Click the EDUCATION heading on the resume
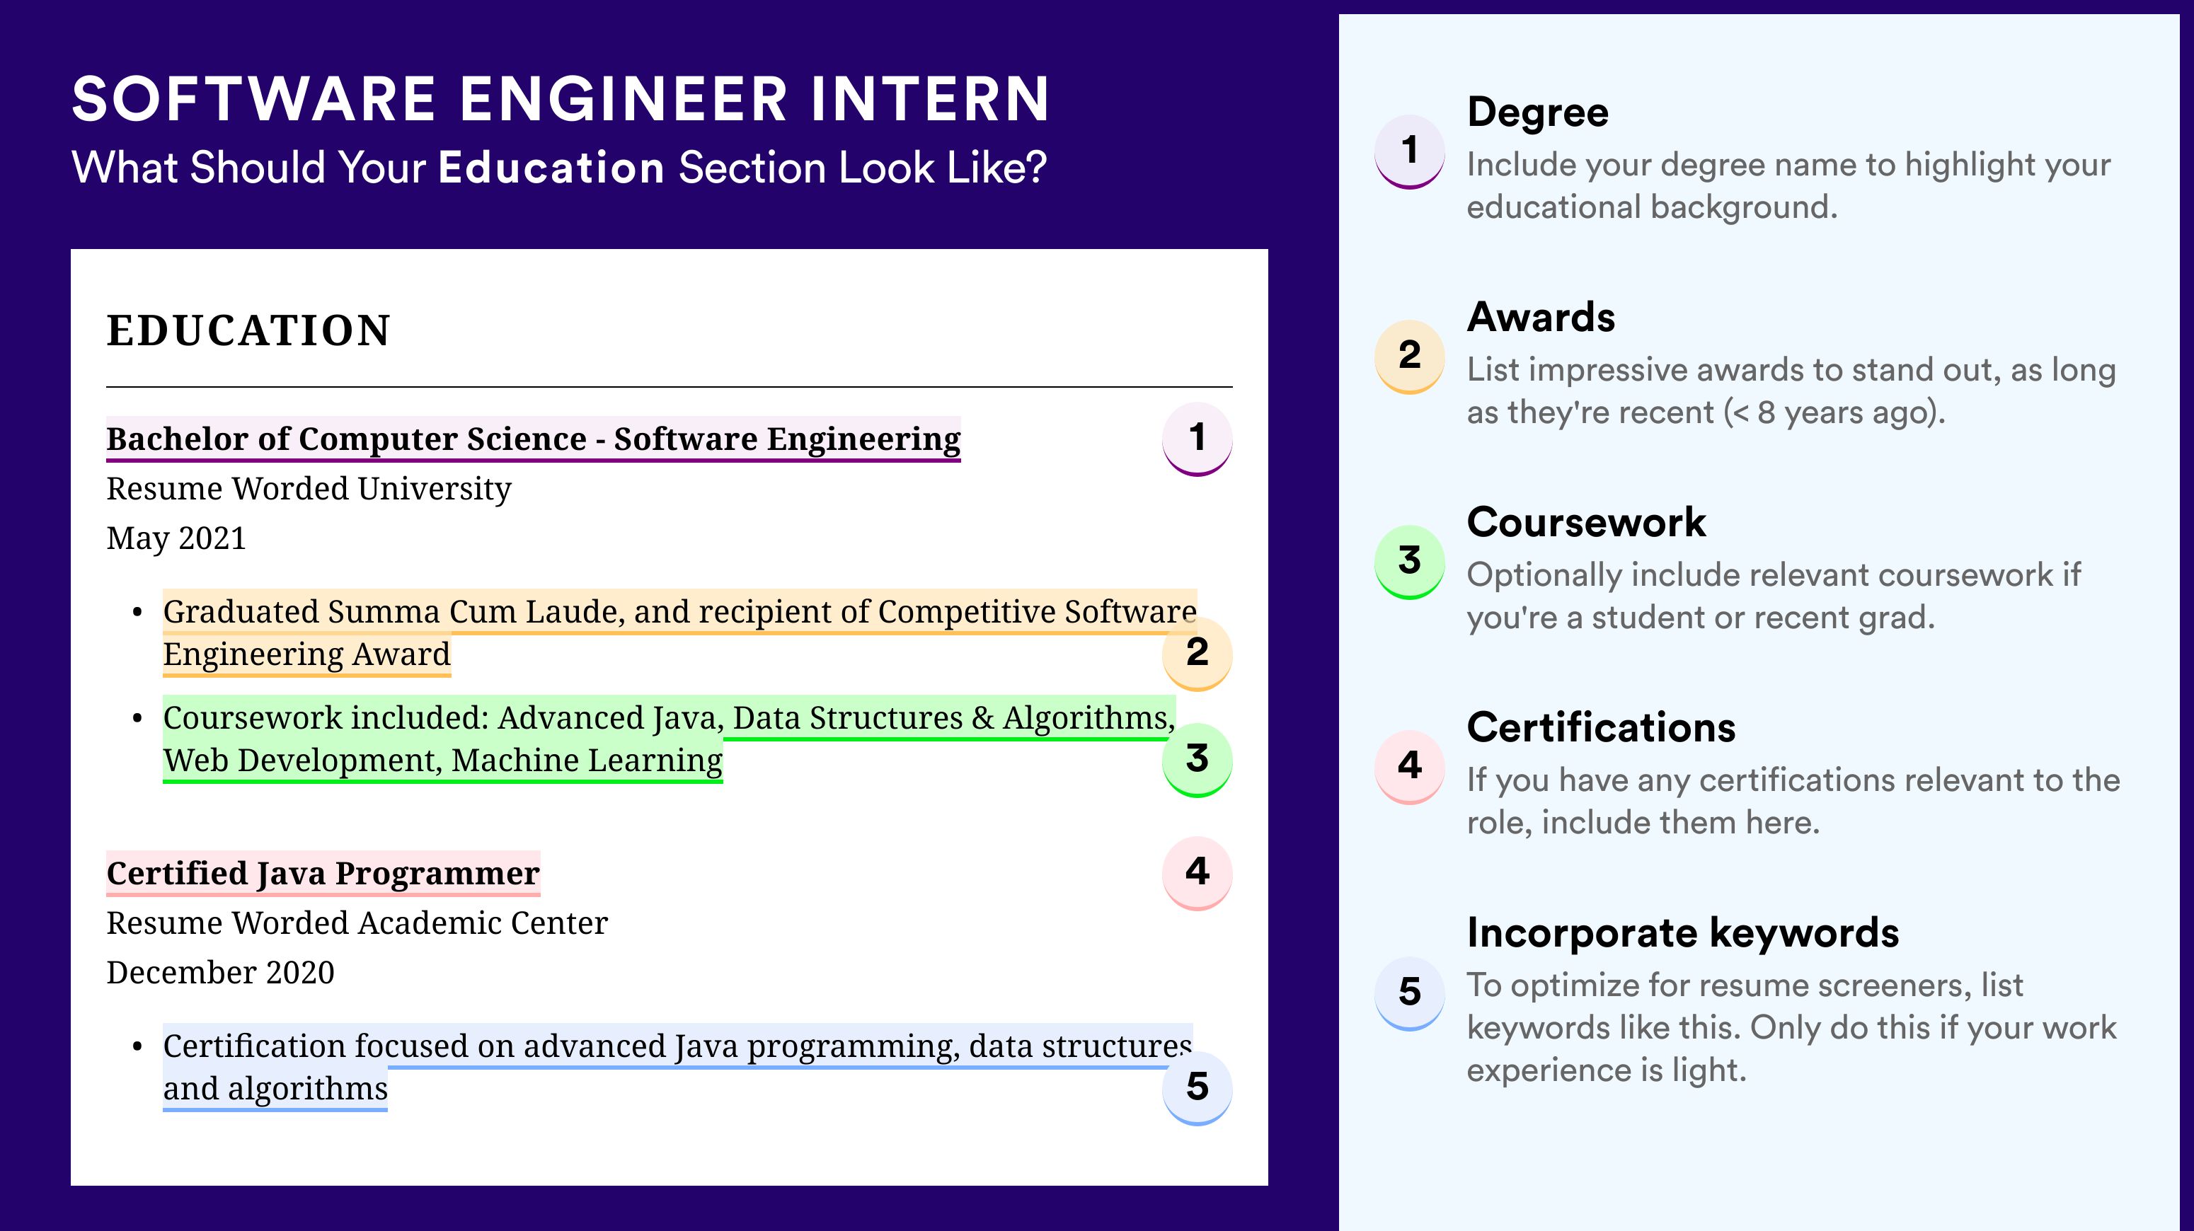pos(248,330)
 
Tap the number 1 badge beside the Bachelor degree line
pos(1197,439)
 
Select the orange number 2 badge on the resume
pos(1197,653)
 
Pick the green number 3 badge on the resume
pos(1197,759)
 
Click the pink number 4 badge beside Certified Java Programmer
pos(1197,872)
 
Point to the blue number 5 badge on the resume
pos(1197,1088)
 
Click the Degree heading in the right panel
pos(1537,113)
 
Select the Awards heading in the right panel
pos(1541,318)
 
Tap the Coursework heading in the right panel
pos(1586,522)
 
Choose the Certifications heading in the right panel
pos(1601,728)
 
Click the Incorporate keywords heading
pos(1683,933)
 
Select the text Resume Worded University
pos(309,490)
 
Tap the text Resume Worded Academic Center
pos(357,923)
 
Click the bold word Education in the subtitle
pos(551,168)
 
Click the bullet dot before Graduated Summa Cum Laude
pos(137,612)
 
